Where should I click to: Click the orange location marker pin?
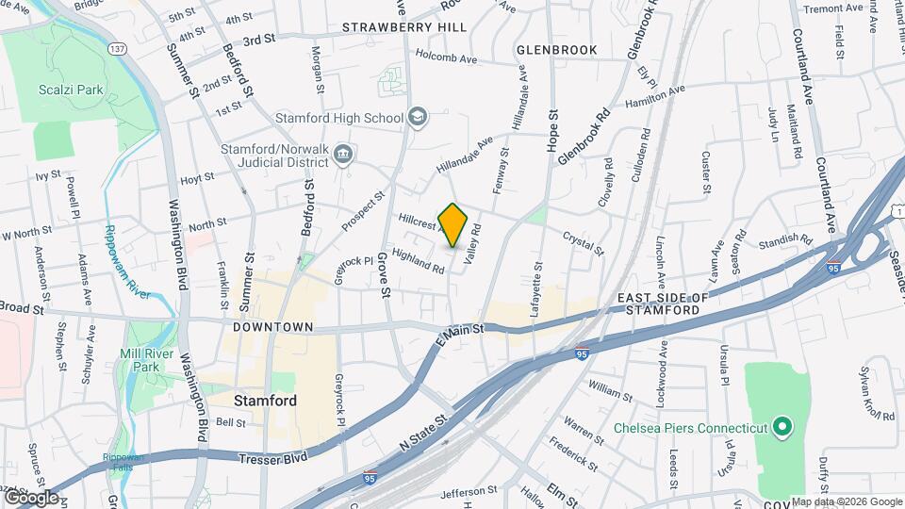tap(453, 225)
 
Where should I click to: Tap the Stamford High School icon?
tap(418, 118)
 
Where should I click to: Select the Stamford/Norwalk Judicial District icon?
tap(343, 153)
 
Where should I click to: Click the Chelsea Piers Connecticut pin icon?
tap(782, 428)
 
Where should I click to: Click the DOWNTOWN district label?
tap(273, 327)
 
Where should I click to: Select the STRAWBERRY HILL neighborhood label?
tap(403, 27)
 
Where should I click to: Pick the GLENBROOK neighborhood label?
tap(557, 49)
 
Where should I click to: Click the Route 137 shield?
tap(117, 49)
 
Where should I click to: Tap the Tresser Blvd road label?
tap(273, 458)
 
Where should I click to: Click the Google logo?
tap(31, 497)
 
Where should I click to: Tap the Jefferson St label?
tap(468, 491)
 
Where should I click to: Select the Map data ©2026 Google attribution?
tap(846, 501)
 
